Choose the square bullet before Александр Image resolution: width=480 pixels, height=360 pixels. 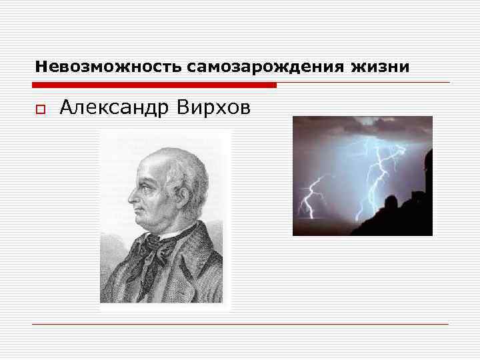coord(39,109)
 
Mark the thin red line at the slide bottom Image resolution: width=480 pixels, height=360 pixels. coord(240,324)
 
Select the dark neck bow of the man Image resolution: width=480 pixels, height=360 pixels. coord(160,246)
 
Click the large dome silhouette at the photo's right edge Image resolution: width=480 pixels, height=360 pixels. coord(427,160)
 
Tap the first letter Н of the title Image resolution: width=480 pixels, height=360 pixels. coord(39,67)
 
